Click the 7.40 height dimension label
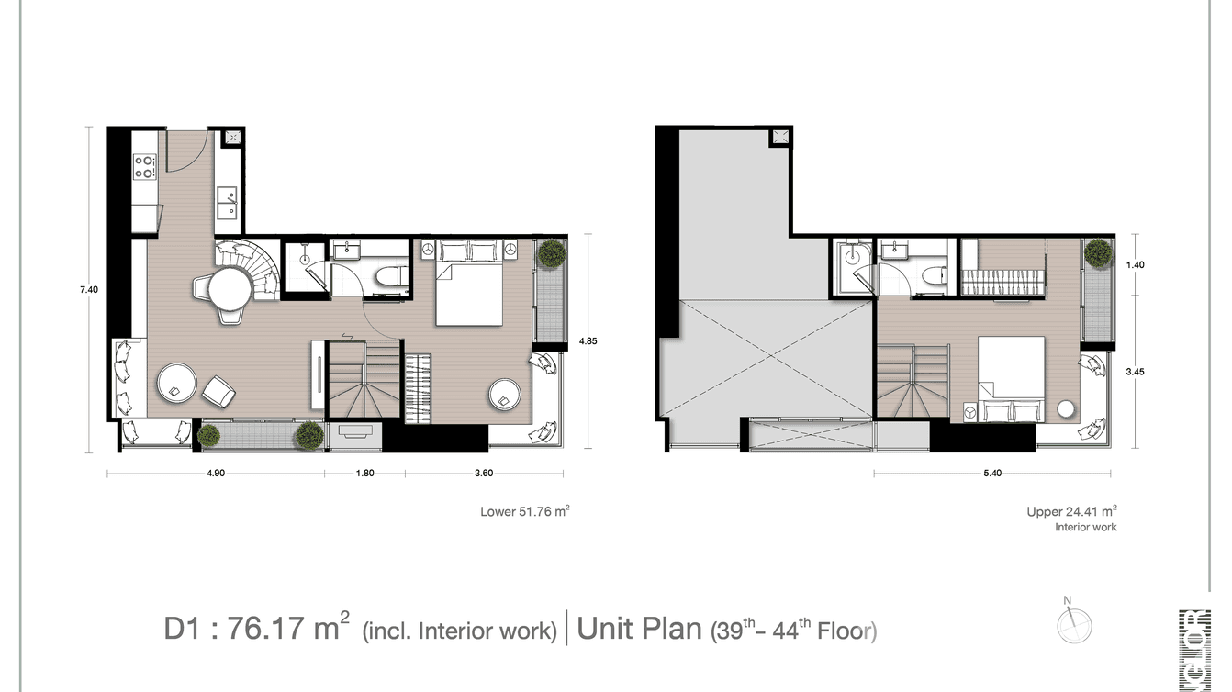click(89, 290)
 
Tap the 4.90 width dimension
click(215, 474)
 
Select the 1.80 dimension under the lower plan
click(364, 474)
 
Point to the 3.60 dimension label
click(484, 474)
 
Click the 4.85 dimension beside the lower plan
click(588, 341)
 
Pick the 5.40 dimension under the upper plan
click(991, 474)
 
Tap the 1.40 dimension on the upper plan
click(1135, 265)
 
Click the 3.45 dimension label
click(1135, 373)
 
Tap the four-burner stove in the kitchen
click(145, 166)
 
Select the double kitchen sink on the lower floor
click(227, 203)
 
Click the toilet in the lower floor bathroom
click(389, 278)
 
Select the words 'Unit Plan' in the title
click(639, 630)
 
